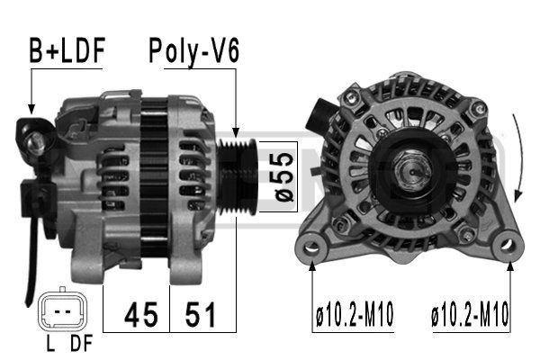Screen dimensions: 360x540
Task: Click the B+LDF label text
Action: (67, 52)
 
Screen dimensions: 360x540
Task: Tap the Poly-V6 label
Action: (193, 52)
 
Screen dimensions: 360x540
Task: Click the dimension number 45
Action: (138, 314)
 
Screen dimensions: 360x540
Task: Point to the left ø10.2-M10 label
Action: (355, 314)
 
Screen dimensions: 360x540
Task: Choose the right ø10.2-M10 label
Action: (470, 314)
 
